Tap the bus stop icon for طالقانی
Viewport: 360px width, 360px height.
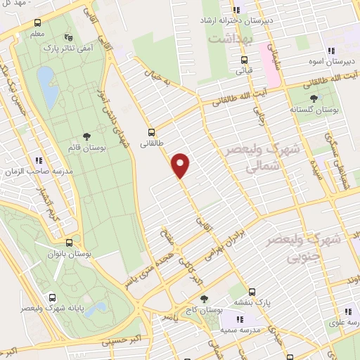(151, 132)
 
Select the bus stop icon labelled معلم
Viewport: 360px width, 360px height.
(37, 22)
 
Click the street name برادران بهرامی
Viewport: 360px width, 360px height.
(224, 246)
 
